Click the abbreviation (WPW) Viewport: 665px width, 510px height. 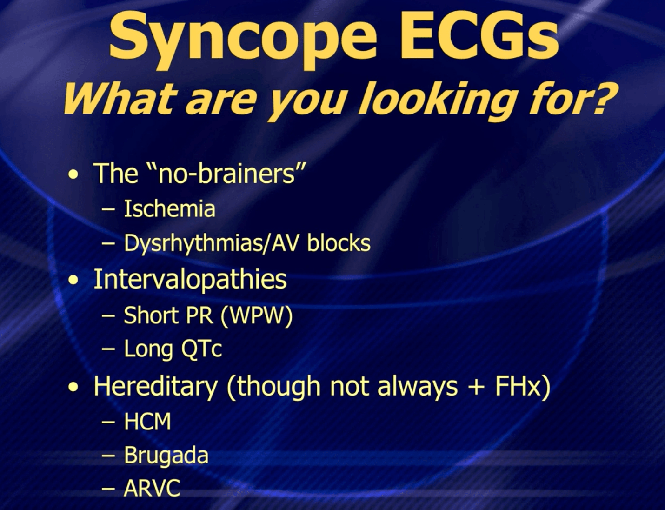click(x=256, y=315)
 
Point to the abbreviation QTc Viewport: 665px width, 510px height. click(x=201, y=349)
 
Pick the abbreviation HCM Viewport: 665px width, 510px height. click(x=147, y=422)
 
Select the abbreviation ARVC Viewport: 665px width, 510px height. click(x=152, y=489)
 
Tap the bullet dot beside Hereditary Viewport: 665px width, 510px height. click(x=73, y=388)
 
